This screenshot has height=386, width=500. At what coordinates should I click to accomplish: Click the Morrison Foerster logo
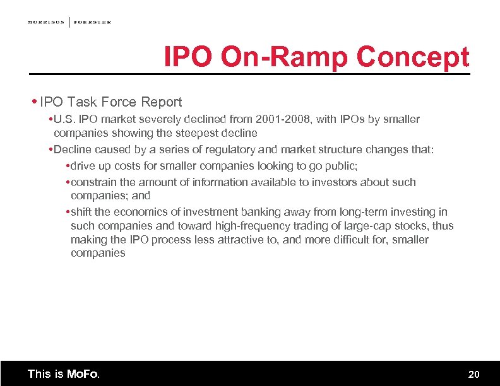point(69,22)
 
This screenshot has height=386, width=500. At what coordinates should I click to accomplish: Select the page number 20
point(473,375)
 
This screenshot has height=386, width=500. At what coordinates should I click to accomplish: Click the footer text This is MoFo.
point(63,374)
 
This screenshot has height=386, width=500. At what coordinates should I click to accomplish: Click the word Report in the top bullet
point(160,102)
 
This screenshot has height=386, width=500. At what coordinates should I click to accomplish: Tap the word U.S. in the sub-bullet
point(66,119)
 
